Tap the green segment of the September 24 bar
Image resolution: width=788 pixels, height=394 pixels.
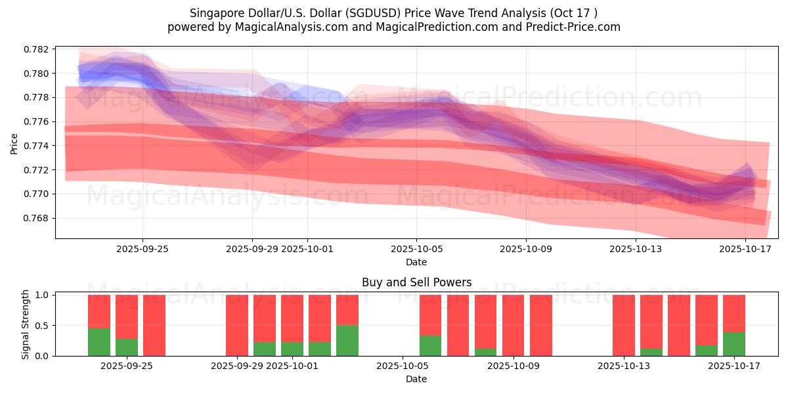99,341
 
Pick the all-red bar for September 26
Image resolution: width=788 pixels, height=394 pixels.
154,325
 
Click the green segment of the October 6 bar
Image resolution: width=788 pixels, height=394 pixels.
430,345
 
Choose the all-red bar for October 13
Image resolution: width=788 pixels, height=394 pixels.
624,325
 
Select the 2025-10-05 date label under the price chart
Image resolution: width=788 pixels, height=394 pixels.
416,249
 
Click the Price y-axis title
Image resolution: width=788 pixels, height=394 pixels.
14,142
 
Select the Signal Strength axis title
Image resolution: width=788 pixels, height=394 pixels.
26,325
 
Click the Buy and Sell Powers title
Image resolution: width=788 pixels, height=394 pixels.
416,282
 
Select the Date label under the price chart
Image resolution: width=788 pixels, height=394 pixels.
416,262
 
